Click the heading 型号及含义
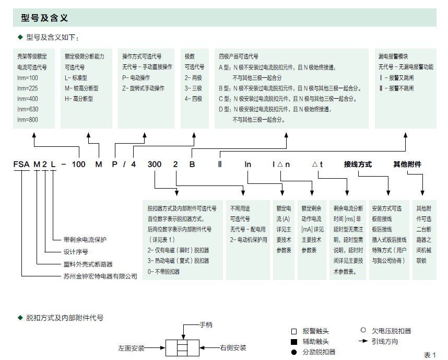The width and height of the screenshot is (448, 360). click(x=44, y=18)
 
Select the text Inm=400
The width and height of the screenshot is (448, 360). click(x=28, y=99)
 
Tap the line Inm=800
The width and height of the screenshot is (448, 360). click(x=28, y=120)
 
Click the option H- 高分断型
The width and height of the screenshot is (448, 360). click(x=79, y=99)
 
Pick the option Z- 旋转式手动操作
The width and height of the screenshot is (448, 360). click(x=143, y=88)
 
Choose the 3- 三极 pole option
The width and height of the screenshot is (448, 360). click(x=193, y=88)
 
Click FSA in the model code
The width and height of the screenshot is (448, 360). click(x=21, y=165)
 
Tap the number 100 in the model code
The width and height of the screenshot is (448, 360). click(x=78, y=165)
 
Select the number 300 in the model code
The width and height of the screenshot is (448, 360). click(x=155, y=165)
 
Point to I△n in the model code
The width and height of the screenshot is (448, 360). click(x=281, y=165)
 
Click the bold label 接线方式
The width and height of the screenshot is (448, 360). click(x=358, y=165)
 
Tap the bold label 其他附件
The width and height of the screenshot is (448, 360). click(x=407, y=165)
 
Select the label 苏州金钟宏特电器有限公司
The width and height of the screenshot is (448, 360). click(x=100, y=276)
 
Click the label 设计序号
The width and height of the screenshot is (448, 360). click(x=76, y=252)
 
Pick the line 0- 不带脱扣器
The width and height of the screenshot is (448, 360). click(x=163, y=272)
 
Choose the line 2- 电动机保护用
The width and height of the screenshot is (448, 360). click(x=249, y=240)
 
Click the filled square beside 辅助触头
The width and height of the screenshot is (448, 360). click(x=294, y=342)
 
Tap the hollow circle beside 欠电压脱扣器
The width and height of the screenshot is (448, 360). click(x=363, y=330)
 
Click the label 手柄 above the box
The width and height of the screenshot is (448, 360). click(x=206, y=325)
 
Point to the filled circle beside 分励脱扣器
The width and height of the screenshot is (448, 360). click(x=294, y=352)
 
